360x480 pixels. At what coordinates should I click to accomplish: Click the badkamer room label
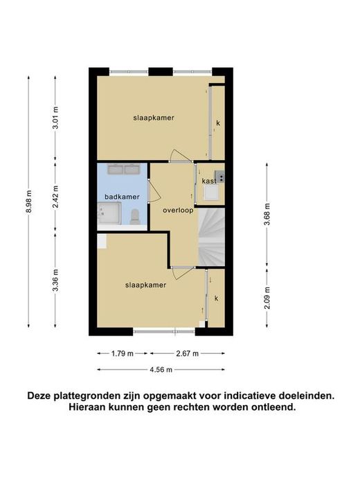click(x=122, y=197)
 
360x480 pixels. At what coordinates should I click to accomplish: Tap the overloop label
click(x=178, y=211)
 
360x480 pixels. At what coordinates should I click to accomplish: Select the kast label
click(x=209, y=181)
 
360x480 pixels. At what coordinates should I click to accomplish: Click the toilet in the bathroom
click(x=134, y=216)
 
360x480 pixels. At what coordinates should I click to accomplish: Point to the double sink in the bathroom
click(x=124, y=169)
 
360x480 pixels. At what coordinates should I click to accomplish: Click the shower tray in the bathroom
click(x=109, y=213)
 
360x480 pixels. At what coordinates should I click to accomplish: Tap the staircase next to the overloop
click(x=211, y=237)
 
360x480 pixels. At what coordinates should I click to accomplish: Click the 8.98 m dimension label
click(x=28, y=202)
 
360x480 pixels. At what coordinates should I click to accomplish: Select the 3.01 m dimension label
click(x=55, y=118)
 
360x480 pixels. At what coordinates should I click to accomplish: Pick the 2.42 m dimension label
click(x=55, y=197)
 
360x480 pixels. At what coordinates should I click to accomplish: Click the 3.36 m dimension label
click(x=55, y=280)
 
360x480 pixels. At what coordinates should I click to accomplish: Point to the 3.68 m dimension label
click(x=267, y=214)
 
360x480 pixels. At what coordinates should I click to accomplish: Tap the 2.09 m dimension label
click(x=267, y=298)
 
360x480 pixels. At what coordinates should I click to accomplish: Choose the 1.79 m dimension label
click(x=123, y=353)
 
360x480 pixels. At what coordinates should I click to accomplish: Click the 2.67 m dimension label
click(x=187, y=353)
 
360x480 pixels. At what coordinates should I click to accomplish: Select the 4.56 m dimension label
click(x=161, y=370)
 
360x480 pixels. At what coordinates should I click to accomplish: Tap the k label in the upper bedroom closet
click(x=218, y=123)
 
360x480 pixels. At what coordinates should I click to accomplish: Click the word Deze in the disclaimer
click(x=39, y=395)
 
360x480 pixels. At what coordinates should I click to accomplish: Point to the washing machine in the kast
click(x=212, y=193)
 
